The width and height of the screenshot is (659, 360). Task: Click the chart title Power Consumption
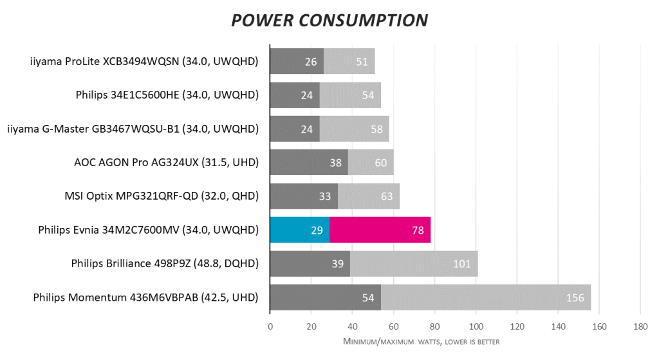(x=329, y=20)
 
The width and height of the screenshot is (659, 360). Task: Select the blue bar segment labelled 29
(x=300, y=230)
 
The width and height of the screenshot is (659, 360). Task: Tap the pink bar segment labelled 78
(x=380, y=230)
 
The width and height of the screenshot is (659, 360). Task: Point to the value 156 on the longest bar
(x=575, y=298)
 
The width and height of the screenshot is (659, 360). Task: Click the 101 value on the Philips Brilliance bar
(x=461, y=264)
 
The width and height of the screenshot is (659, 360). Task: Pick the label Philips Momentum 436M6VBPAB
(x=145, y=298)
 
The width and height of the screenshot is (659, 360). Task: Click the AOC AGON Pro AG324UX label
(x=166, y=163)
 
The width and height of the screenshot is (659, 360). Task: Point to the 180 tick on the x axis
(x=640, y=327)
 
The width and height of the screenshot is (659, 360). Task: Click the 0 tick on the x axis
(x=270, y=327)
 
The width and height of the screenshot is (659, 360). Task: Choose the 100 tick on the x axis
(x=476, y=327)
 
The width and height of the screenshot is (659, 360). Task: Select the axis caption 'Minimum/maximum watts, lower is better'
(x=421, y=341)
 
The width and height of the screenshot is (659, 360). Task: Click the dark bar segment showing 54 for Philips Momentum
(x=326, y=298)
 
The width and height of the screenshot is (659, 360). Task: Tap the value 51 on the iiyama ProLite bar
(x=362, y=62)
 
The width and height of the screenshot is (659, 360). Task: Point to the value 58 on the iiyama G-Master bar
(x=376, y=129)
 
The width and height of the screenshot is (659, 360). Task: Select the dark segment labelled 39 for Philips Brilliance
(x=310, y=264)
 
